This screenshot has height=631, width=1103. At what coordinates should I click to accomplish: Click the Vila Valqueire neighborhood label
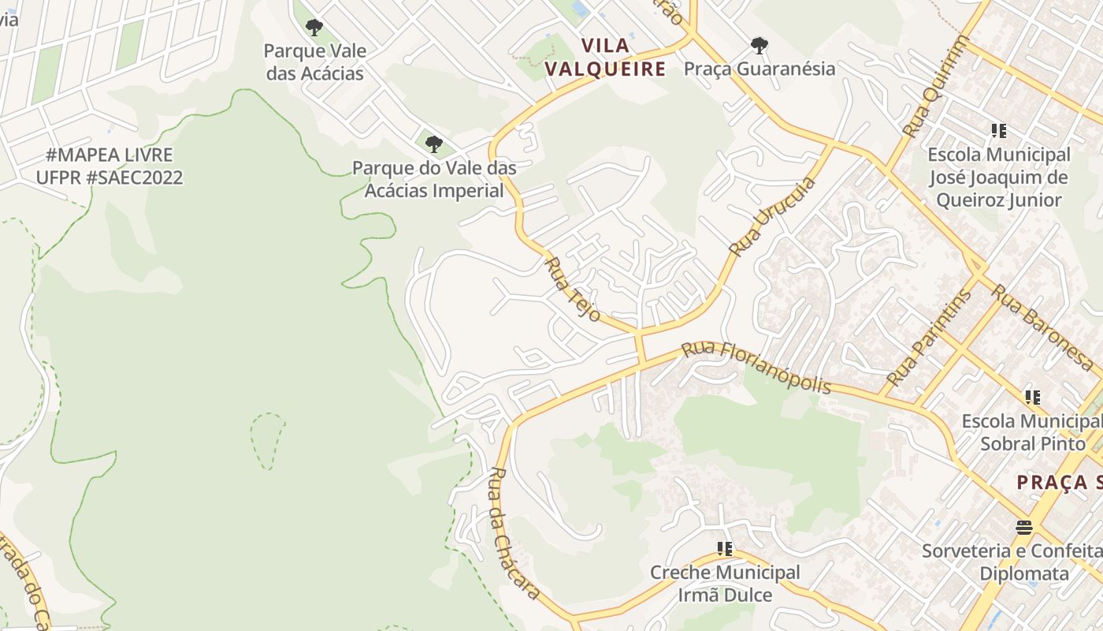pyautogui.click(x=605, y=58)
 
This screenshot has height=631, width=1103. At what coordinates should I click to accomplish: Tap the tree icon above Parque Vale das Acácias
pyautogui.click(x=314, y=28)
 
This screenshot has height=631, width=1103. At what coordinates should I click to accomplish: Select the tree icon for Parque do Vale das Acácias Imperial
pyautogui.click(x=433, y=144)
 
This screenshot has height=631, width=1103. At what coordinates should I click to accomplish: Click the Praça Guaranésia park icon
pyautogui.click(x=759, y=46)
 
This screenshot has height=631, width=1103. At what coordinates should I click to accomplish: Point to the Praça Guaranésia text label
pyautogui.click(x=759, y=69)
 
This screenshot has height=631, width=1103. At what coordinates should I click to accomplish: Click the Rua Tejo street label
pyautogui.click(x=573, y=289)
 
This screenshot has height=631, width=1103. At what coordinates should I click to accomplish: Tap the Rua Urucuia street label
pyautogui.click(x=772, y=217)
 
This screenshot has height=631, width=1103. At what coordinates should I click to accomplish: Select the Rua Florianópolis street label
pyautogui.click(x=756, y=367)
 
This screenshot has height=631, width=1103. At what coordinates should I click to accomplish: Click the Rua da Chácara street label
pyautogui.click(x=514, y=532)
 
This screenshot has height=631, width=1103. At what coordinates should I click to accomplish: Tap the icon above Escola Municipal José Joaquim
pyautogui.click(x=999, y=131)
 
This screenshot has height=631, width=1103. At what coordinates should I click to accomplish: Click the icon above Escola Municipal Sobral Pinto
pyautogui.click(x=1032, y=398)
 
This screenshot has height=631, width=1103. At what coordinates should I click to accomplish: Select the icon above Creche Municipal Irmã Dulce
pyautogui.click(x=725, y=548)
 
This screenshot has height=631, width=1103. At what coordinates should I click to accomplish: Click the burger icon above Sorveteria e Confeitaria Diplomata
pyautogui.click(x=1024, y=527)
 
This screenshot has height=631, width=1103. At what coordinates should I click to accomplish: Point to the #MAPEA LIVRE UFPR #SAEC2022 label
pyautogui.click(x=110, y=166)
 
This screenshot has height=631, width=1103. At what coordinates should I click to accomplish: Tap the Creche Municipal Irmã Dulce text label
pyautogui.click(x=725, y=584)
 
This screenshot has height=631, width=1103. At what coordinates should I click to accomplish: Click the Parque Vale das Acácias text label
pyautogui.click(x=314, y=62)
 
